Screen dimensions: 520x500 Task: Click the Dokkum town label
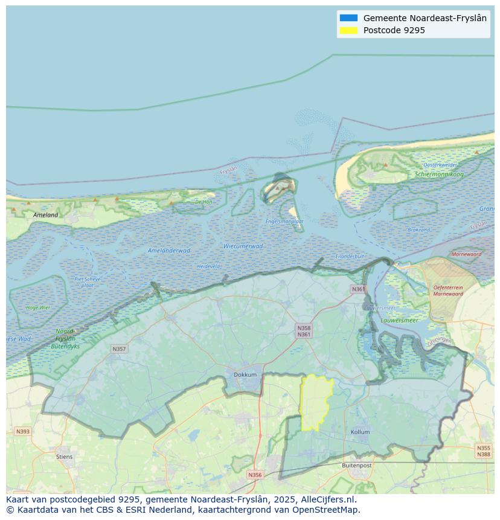(x=245, y=375)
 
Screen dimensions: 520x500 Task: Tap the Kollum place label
(x=360, y=432)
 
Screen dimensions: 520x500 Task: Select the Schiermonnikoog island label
(x=439, y=175)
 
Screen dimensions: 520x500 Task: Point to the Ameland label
(x=46, y=215)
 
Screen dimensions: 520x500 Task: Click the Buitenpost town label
(x=356, y=466)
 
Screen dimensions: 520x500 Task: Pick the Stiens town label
(x=64, y=457)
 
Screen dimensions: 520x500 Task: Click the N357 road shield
(x=119, y=349)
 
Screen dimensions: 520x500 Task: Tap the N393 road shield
(x=22, y=431)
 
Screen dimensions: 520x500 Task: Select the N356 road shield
(x=255, y=475)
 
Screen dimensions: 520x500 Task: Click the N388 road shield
(x=483, y=454)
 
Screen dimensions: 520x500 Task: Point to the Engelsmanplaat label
(x=284, y=222)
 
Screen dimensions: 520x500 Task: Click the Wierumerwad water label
(x=243, y=246)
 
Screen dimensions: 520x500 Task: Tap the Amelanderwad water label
(x=168, y=251)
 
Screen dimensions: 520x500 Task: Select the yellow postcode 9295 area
(x=315, y=403)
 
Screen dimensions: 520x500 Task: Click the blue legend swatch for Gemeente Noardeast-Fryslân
(x=348, y=18)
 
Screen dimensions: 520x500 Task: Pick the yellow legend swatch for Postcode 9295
(x=348, y=30)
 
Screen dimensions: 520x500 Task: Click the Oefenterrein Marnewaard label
(x=448, y=291)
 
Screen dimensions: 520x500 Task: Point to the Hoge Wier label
(x=38, y=307)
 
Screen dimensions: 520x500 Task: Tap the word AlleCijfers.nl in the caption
(x=329, y=499)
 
